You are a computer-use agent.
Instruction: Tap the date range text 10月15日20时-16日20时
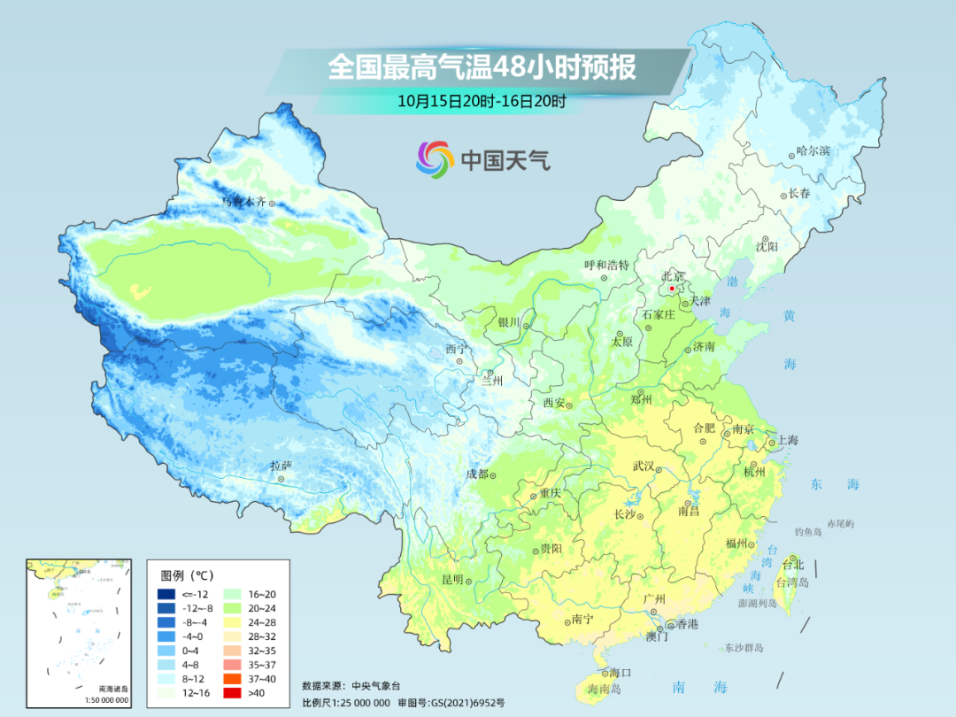pyautogui.click(x=482, y=101)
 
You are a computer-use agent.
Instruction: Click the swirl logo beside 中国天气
pyautogui.click(x=435, y=159)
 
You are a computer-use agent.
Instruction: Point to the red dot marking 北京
pyautogui.click(x=672, y=288)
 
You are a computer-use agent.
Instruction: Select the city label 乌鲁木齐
pyautogui.click(x=243, y=202)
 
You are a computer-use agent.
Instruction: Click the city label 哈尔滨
pyautogui.click(x=813, y=151)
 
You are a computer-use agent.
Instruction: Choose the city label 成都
pyautogui.click(x=477, y=474)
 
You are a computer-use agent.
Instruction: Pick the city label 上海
pyautogui.click(x=787, y=441)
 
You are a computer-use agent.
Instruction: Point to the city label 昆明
pyautogui.click(x=452, y=580)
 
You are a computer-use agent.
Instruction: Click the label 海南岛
pyautogui.click(x=605, y=688)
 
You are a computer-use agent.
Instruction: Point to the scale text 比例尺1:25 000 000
pyautogui.click(x=345, y=702)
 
